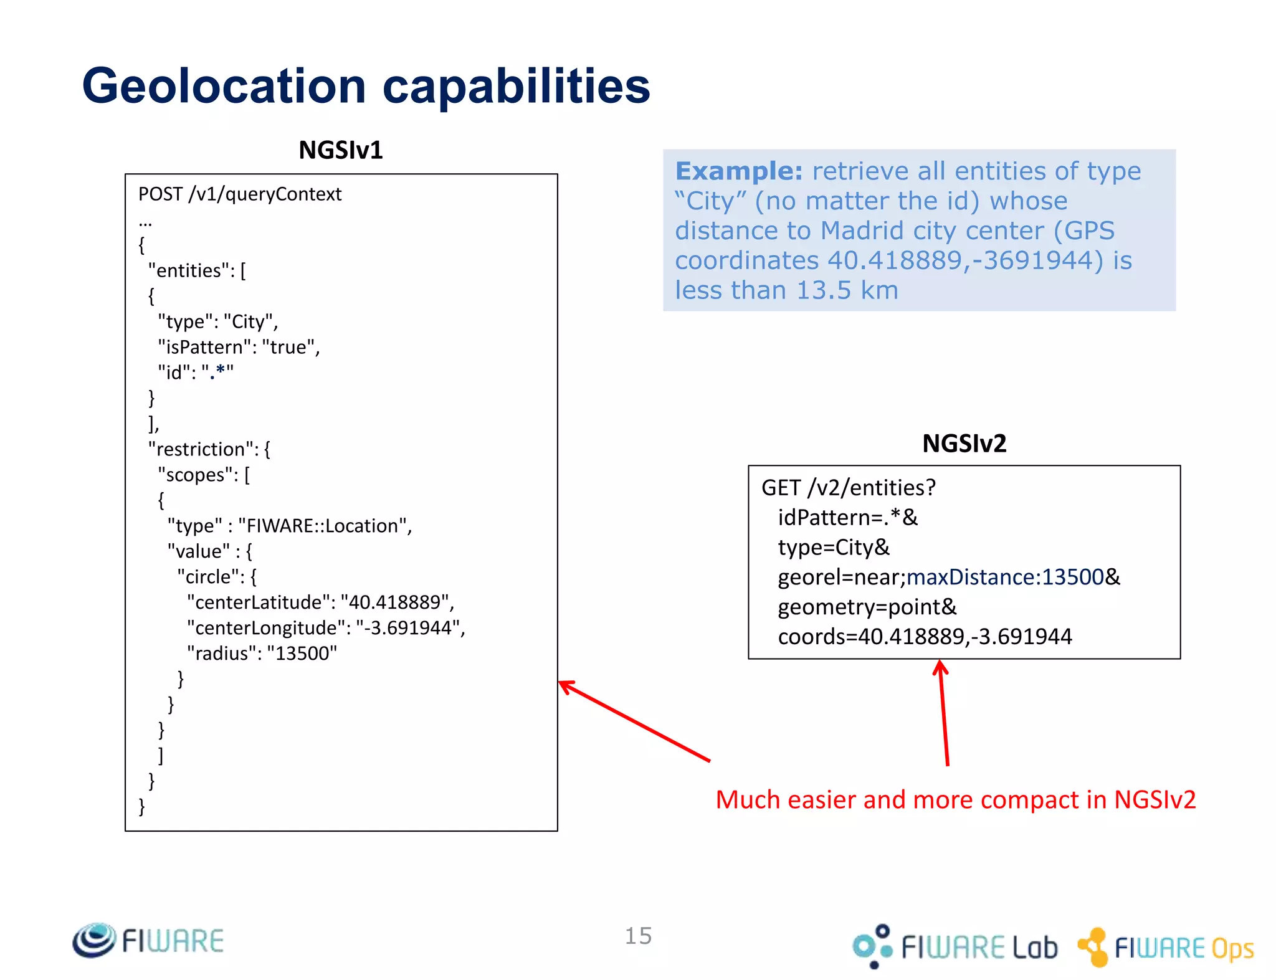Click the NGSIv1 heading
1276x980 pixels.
[340, 150]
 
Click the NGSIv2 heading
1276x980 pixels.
[964, 444]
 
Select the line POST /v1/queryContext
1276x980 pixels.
[240, 194]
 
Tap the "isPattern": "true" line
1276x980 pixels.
[239, 347]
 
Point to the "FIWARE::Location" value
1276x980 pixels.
[324, 526]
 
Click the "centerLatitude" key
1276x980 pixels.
[261, 602]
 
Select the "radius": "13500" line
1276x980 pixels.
[262, 654]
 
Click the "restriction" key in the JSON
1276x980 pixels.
[200, 449]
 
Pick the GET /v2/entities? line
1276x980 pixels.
[848, 488]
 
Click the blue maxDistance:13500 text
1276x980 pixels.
[1005, 578]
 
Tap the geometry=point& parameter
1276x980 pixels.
[867, 607]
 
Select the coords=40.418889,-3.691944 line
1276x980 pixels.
[925, 637]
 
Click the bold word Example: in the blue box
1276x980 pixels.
[739, 171]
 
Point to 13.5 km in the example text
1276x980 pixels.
[847, 290]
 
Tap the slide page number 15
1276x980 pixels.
[638, 936]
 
